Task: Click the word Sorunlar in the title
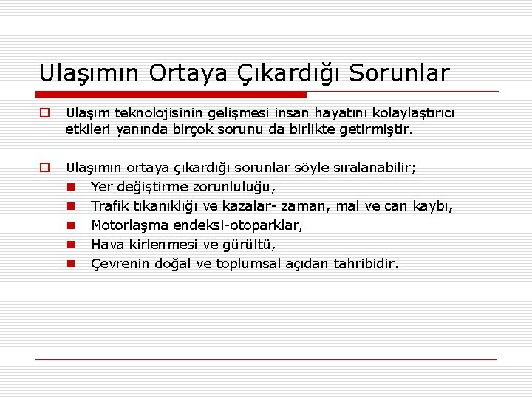point(399,73)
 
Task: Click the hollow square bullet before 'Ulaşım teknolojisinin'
point(45,113)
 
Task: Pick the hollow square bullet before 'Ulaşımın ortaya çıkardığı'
point(45,168)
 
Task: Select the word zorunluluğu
point(238,187)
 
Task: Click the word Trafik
point(109,206)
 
